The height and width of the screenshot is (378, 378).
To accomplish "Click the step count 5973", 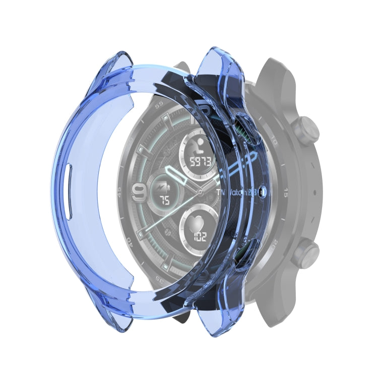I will point(199,162).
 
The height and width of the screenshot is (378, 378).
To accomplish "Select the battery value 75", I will point(164,200).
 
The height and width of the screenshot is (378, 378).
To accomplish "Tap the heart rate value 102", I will point(199,237).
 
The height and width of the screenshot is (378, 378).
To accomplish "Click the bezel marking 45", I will point(119,190).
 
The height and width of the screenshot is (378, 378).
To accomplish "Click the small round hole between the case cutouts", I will point(262,192).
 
